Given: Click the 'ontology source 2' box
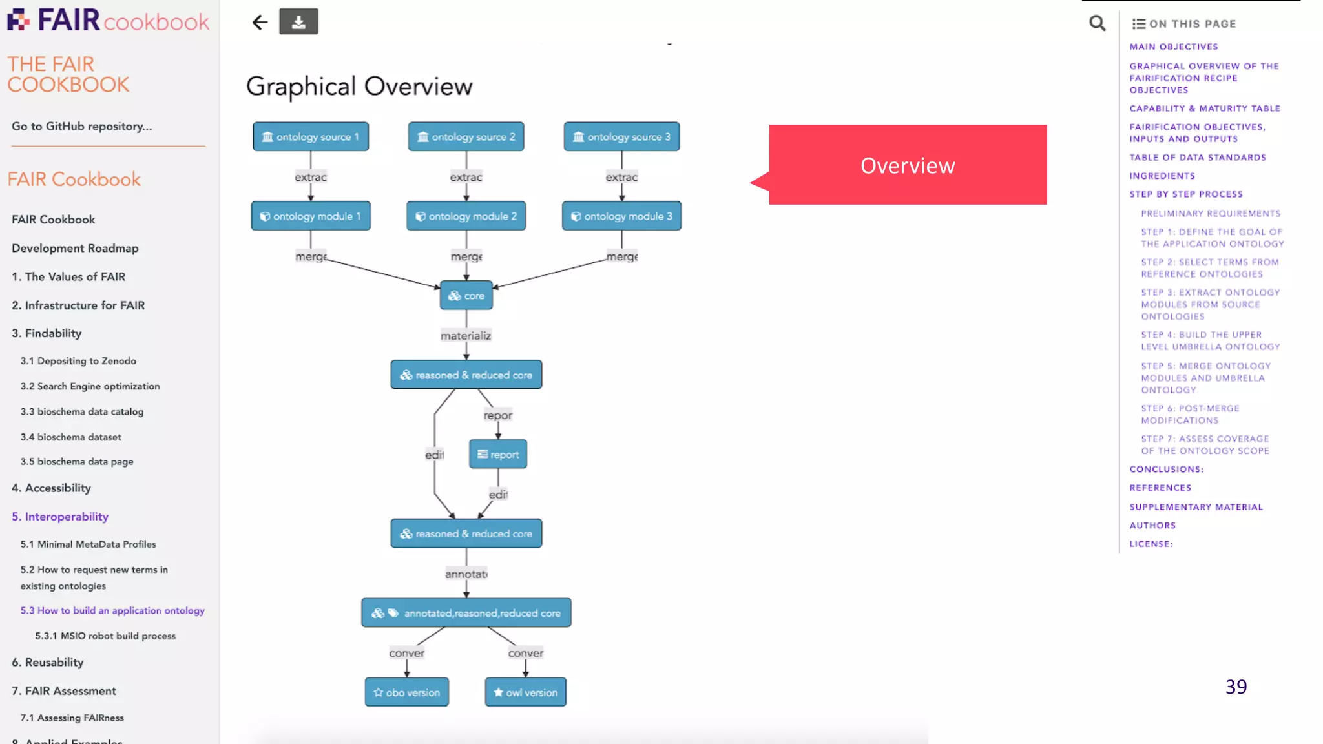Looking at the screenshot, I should point(466,137).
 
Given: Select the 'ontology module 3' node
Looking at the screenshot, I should point(621,216).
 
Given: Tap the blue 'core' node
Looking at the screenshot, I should point(466,296).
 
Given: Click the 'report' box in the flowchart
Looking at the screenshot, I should point(498,455).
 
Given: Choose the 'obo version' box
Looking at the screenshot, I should point(407,692).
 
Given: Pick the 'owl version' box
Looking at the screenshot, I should point(526,692).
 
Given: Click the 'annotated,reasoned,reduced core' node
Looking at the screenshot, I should point(466,613).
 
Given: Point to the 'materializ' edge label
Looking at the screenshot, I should point(466,336).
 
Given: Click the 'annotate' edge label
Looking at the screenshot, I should point(466,574).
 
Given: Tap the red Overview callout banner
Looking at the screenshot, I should point(908,165).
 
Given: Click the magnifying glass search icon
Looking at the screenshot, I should point(1097,24).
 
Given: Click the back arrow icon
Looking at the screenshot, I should point(260,23).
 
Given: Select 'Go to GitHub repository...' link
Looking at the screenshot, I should point(82,127).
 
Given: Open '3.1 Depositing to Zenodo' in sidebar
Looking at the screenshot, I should point(78,361).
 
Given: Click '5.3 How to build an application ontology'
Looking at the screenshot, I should point(112,610).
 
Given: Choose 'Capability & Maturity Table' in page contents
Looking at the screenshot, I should point(1205,108).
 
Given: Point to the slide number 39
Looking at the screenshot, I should point(1236,687).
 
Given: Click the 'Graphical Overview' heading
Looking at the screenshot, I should point(359,87).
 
